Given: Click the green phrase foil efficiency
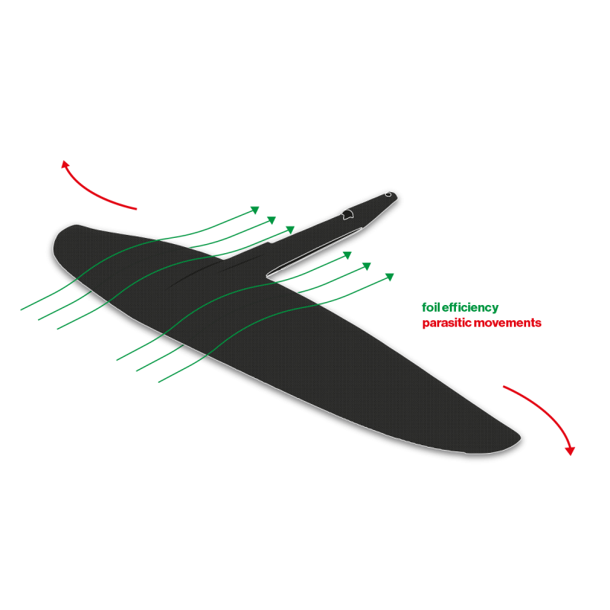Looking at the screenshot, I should (460, 308).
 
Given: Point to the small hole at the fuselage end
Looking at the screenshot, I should (388, 194).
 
